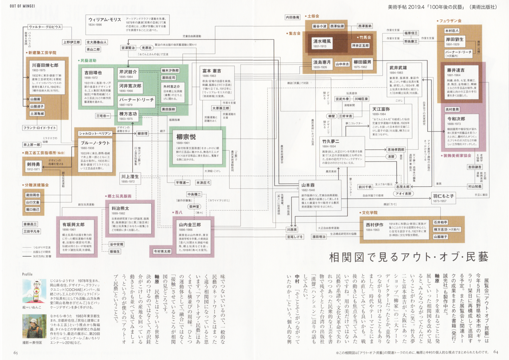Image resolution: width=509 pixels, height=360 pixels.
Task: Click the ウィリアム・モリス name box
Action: click(105, 20)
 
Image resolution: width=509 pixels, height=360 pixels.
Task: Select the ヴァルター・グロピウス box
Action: click(45, 27)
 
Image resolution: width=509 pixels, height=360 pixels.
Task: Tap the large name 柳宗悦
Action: click(186, 137)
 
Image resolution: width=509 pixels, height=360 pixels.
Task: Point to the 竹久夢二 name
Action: click(331, 141)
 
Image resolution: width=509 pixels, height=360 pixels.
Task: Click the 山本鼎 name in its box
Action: click(308, 185)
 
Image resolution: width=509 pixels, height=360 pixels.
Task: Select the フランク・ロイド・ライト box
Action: click(40, 128)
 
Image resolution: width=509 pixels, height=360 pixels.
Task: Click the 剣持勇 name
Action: click(33, 164)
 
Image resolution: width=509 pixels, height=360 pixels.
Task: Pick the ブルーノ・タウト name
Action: click(95, 143)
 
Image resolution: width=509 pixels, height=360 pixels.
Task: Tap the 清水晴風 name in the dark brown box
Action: click(322, 41)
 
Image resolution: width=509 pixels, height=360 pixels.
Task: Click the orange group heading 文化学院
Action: click(369, 213)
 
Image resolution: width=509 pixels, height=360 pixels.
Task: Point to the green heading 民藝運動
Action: click(88, 60)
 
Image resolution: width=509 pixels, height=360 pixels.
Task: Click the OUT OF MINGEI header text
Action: click(22, 6)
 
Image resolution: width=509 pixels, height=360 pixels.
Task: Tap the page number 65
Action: click(16, 353)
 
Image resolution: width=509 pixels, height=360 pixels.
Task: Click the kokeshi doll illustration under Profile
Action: click(34, 290)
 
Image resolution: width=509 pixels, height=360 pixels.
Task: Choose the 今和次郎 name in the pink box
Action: click(456, 119)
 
